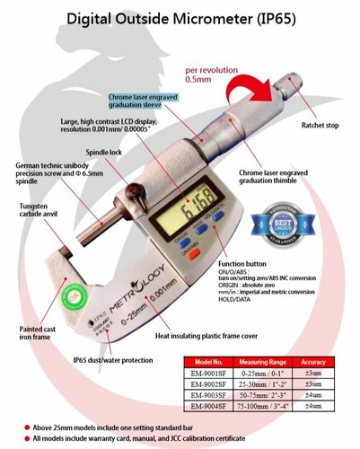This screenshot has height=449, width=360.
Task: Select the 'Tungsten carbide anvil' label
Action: click(x=31, y=213)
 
